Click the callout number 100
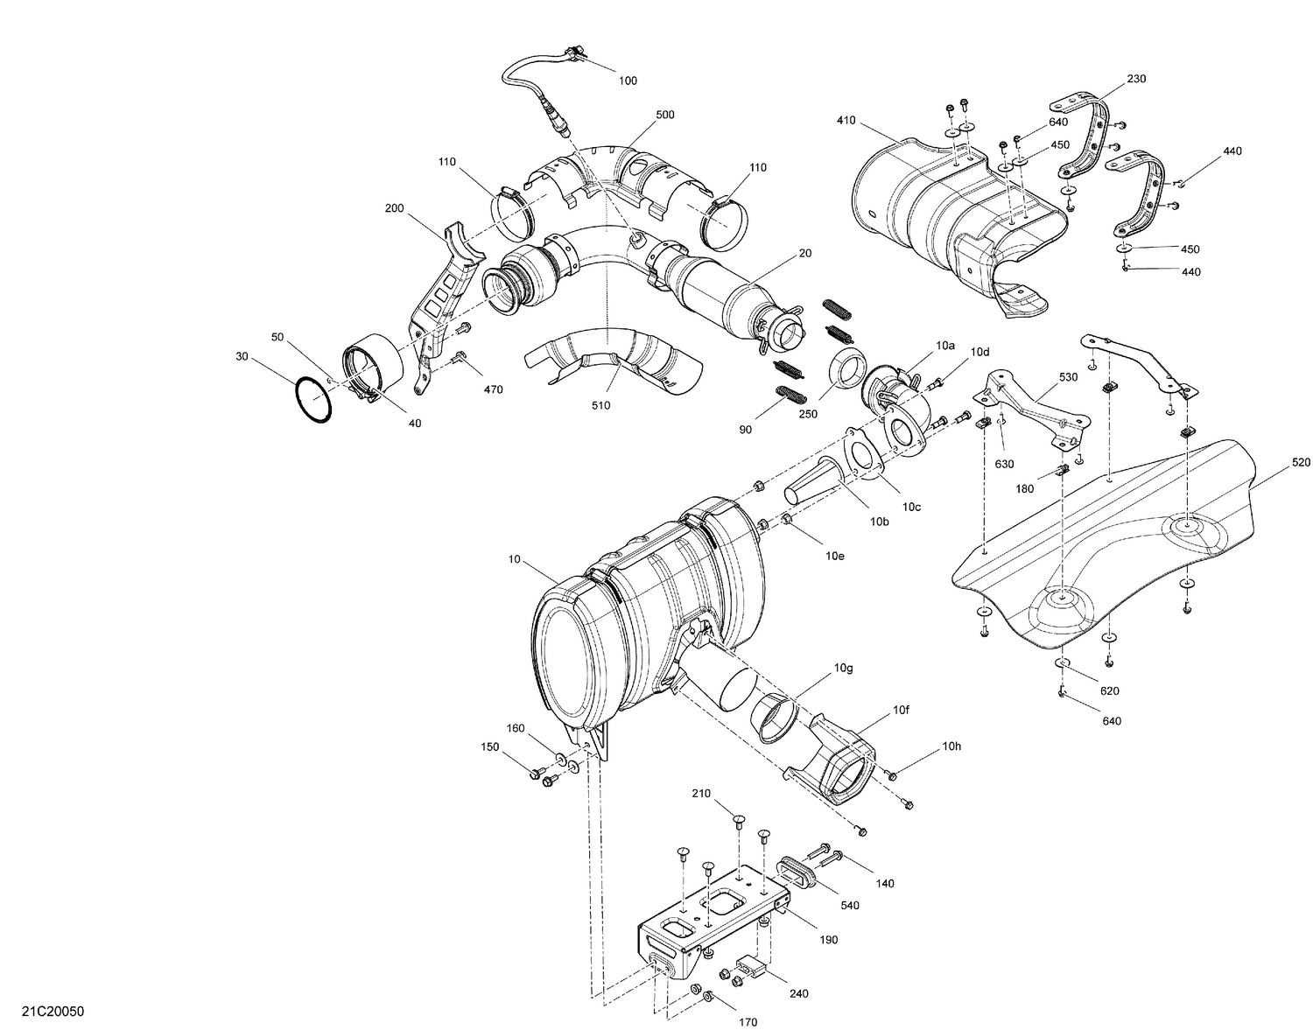(x=628, y=81)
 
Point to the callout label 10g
(x=843, y=668)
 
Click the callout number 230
(x=1136, y=79)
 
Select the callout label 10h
(x=951, y=746)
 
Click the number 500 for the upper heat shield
(x=665, y=115)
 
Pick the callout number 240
(x=798, y=993)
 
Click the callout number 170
(x=748, y=1021)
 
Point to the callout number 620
(x=1110, y=690)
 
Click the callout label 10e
(x=835, y=555)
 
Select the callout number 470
(x=493, y=389)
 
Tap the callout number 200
(x=394, y=208)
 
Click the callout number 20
(x=804, y=253)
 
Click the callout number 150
(x=489, y=746)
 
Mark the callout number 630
(x=1003, y=463)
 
